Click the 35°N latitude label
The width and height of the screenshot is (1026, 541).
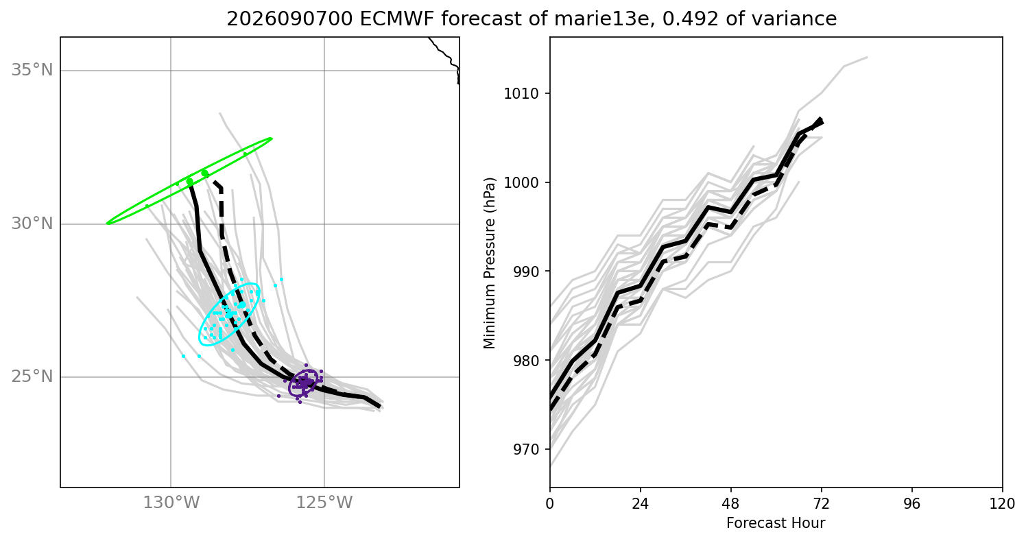pyautogui.click(x=32, y=70)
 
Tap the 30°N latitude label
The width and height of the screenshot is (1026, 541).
pyautogui.click(x=32, y=224)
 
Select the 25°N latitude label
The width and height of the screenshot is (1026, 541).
pyautogui.click(x=32, y=376)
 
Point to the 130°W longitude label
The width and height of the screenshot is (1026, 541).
pyautogui.click(x=171, y=503)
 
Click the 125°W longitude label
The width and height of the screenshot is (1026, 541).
pyautogui.click(x=324, y=503)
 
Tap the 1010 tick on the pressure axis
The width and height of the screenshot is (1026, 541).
pyautogui.click(x=521, y=93)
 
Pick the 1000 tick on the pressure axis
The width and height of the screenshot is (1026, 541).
pyautogui.click(x=521, y=183)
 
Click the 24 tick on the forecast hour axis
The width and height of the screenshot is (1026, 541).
pyautogui.click(x=640, y=504)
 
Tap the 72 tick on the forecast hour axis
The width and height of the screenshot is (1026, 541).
pyautogui.click(x=821, y=504)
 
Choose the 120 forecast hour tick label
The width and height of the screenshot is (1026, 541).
pyautogui.click(x=1002, y=504)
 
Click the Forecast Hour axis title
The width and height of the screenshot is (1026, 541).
pyautogui.click(x=776, y=523)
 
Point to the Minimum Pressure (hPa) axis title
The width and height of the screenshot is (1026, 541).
pyautogui.click(x=490, y=263)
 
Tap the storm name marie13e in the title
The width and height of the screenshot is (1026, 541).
pyautogui.click(x=604, y=19)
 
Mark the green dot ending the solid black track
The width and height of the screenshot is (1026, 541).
pyautogui.click(x=189, y=182)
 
